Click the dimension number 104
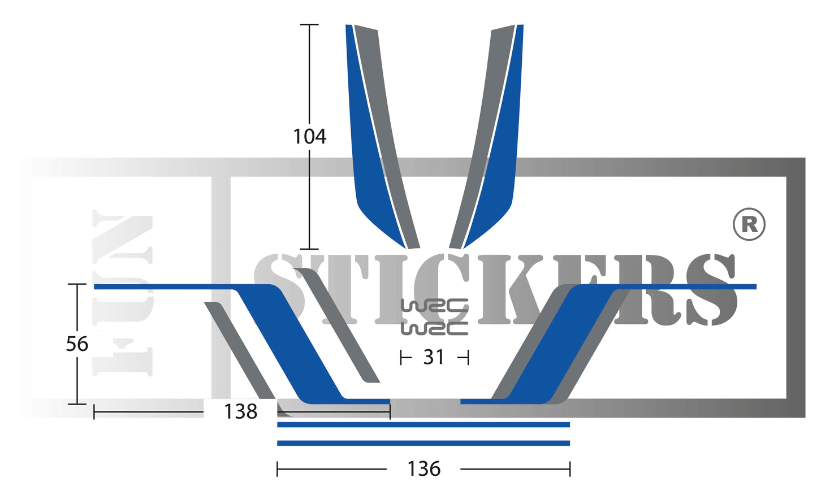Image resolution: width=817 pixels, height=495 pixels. [309, 136]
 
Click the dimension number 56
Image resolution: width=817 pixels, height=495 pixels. [77, 344]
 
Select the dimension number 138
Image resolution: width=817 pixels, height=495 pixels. [240, 411]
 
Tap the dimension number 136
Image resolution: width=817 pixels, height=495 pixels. [423, 468]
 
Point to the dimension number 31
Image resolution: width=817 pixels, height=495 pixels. [434, 357]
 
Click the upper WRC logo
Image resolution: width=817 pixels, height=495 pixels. [434, 306]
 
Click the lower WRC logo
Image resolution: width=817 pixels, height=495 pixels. [434, 328]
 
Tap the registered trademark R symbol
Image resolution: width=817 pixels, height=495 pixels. [749, 224]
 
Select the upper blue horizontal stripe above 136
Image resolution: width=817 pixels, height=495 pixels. [423, 424]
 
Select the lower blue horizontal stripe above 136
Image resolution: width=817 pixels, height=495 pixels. [423, 443]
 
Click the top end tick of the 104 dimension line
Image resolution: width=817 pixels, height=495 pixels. [309, 25]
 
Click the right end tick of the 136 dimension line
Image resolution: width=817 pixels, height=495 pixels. [570, 468]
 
